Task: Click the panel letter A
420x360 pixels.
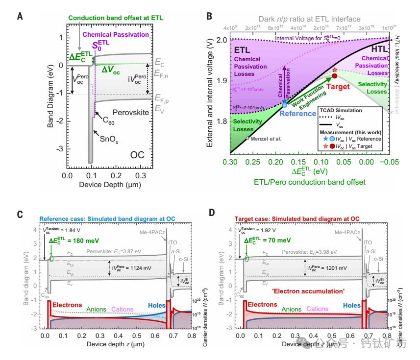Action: [20, 16]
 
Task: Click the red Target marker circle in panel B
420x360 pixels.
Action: [335, 76]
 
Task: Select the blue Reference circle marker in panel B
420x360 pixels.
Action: [285, 104]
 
